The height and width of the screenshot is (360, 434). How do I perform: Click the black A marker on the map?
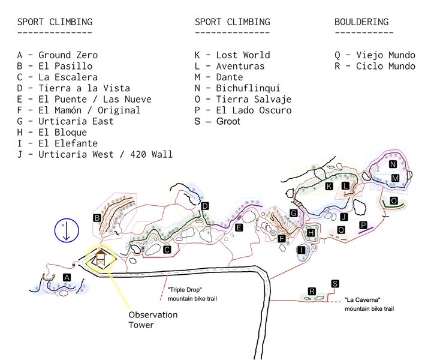tap(67, 277)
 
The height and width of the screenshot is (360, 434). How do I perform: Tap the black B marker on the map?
tap(97, 218)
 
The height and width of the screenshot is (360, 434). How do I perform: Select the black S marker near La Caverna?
tap(334, 284)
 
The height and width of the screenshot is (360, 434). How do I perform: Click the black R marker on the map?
tap(312, 291)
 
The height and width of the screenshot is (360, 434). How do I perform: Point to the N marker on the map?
tap(393, 164)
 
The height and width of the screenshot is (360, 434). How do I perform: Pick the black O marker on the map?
tap(394, 200)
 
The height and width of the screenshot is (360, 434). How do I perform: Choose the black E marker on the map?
tap(239, 227)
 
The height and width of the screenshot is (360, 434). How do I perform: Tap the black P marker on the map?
tap(363, 225)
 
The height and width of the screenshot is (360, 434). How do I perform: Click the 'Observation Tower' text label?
tap(153, 320)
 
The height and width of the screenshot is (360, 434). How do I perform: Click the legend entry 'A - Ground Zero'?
tap(58, 55)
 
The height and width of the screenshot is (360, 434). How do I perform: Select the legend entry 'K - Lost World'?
tap(232, 55)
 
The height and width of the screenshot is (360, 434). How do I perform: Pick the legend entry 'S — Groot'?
tap(217, 121)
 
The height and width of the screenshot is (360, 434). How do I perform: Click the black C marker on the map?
tap(167, 249)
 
